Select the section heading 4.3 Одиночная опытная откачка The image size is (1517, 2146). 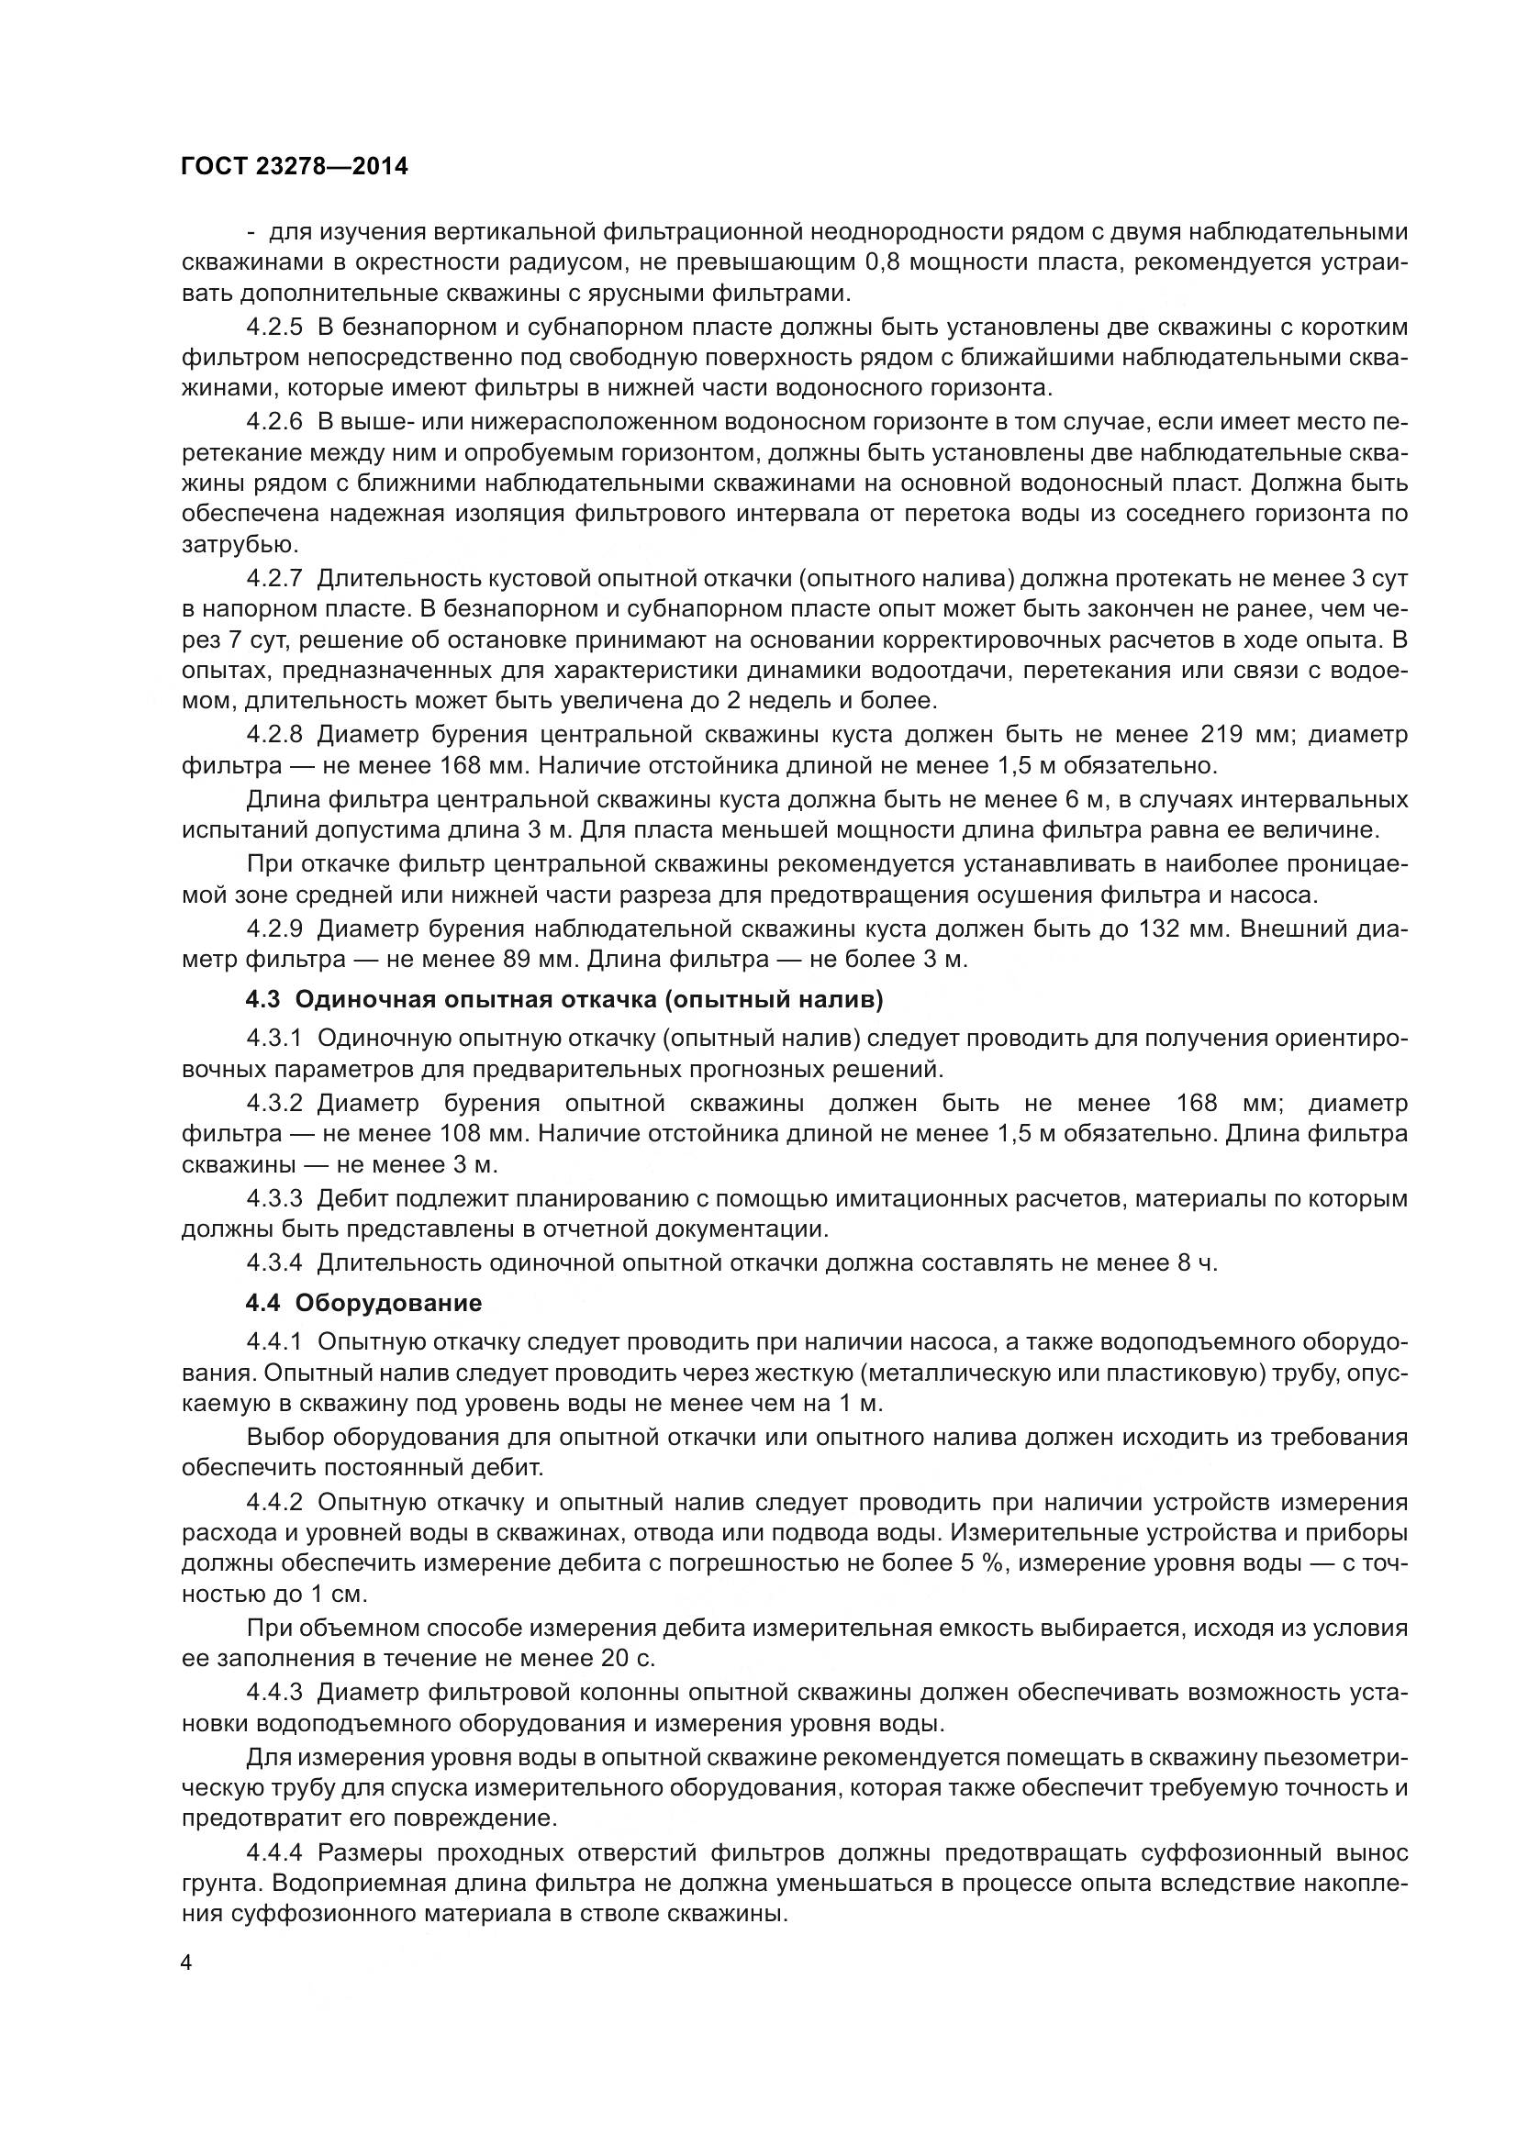[x=563, y=999]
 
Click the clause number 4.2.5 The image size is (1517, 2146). [x=274, y=328]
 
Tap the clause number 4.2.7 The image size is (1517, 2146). [x=274, y=579]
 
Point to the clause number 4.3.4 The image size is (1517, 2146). [x=274, y=1262]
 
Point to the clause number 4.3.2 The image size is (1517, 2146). [x=274, y=1103]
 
